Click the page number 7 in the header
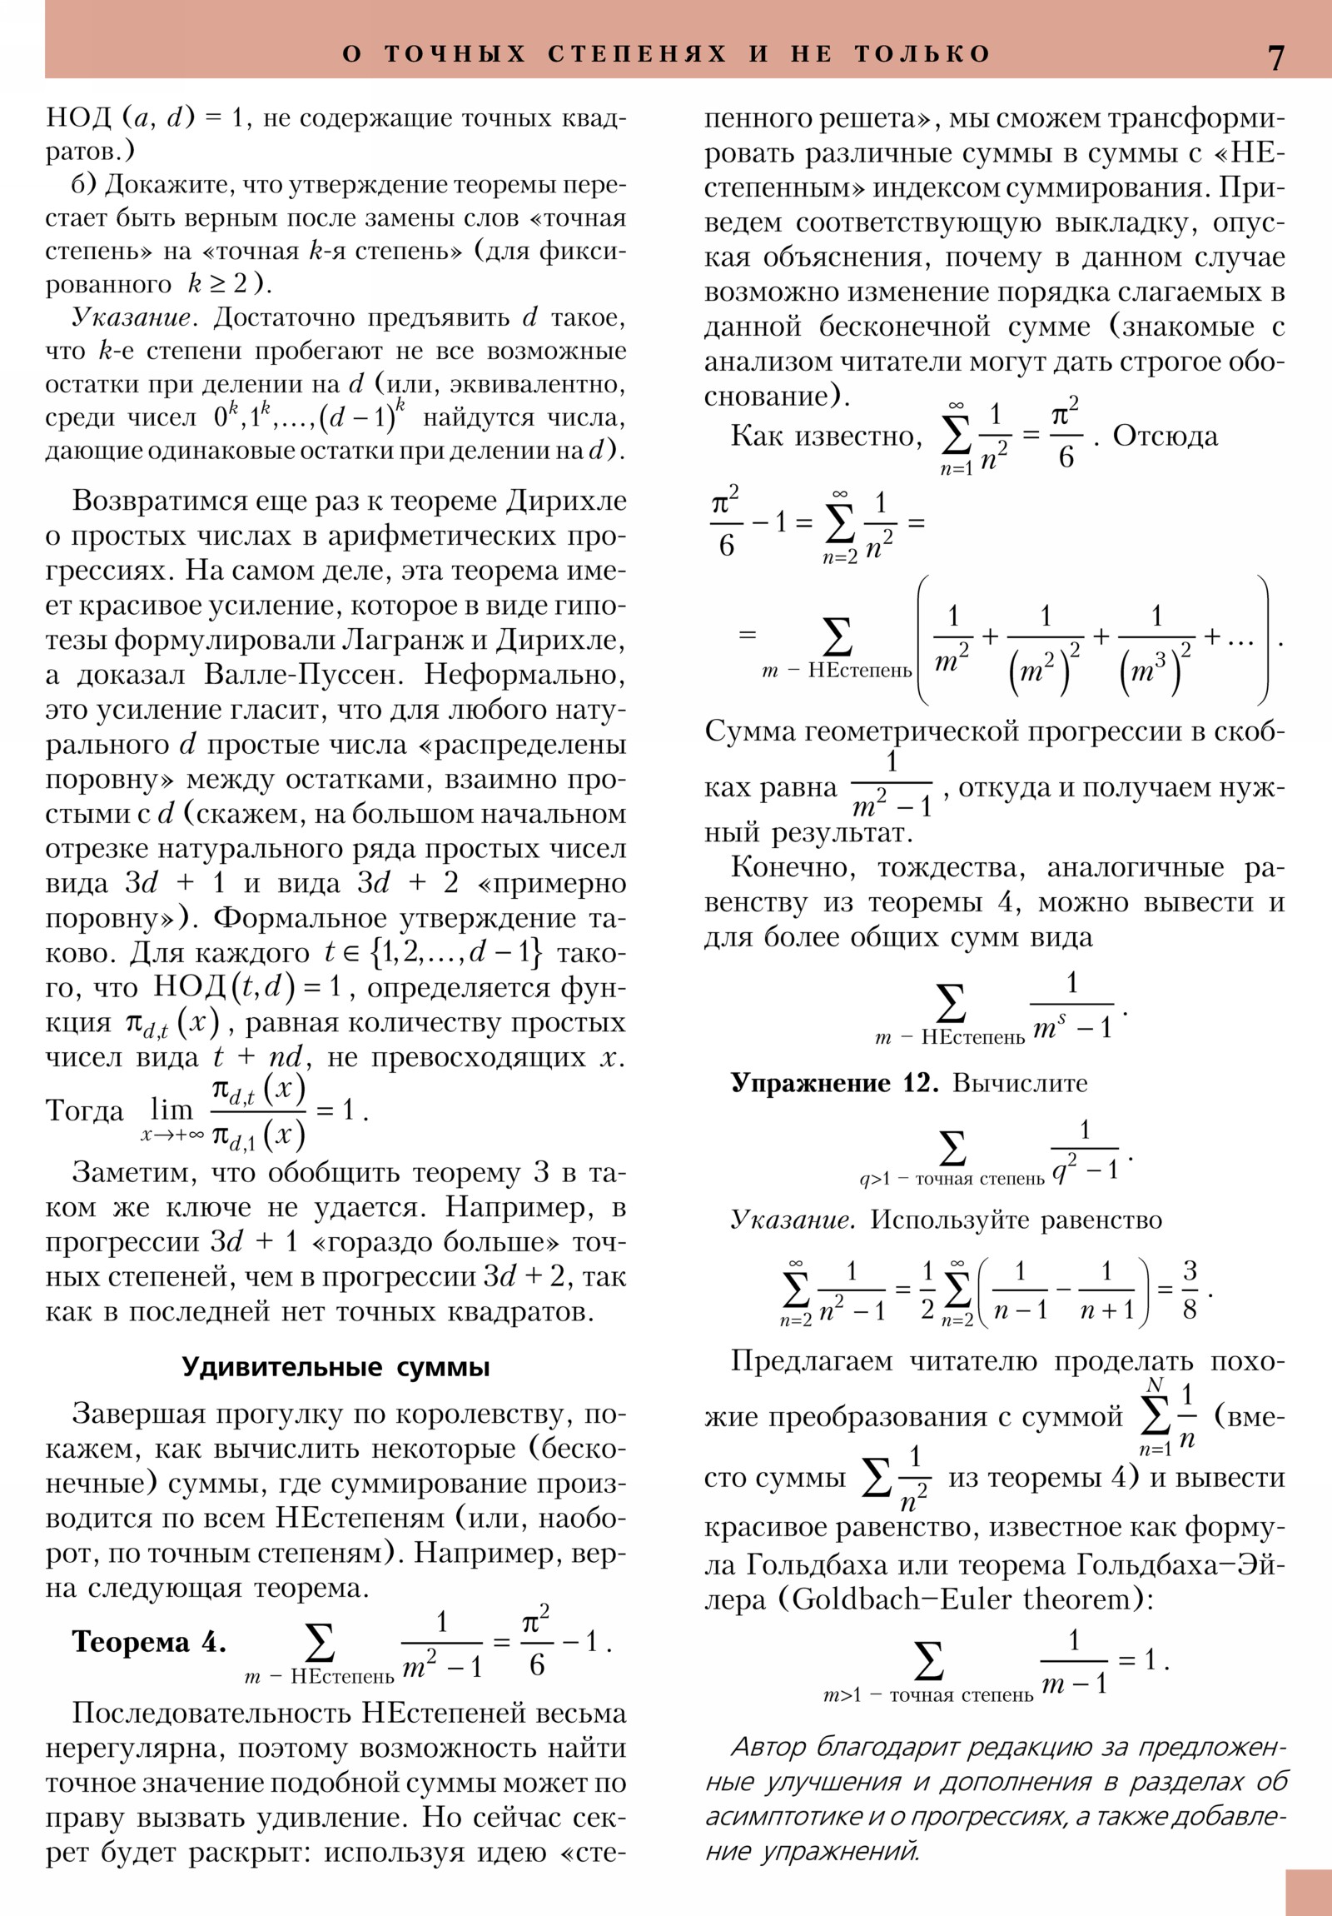pyautogui.click(x=1275, y=57)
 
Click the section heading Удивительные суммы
pyautogui.click(x=335, y=1367)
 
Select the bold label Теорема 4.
pyautogui.click(x=148, y=1641)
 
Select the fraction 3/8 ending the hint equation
pyautogui.click(x=1189, y=1290)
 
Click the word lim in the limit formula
pyautogui.click(x=171, y=1110)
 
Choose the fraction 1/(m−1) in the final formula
pyautogui.click(x=1073, y=1662)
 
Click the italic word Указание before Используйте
pyautogui.click(x=793, y=1220)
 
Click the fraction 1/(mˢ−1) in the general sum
pyautogui.click(x=1071, y=1005)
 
